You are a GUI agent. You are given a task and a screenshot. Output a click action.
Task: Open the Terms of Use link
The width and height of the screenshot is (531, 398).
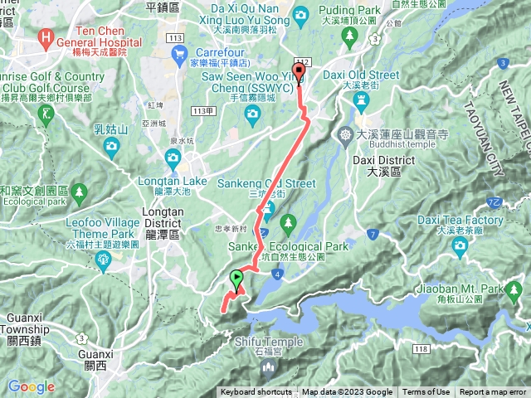426,392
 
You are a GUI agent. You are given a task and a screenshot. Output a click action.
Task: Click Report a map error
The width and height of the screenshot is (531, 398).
494,392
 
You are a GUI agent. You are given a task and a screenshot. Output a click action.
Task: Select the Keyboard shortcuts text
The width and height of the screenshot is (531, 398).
256,392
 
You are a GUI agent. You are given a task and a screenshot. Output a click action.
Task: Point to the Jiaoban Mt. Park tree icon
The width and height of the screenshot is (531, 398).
514,289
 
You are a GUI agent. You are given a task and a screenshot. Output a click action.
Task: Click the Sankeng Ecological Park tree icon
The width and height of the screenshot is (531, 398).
288,222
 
